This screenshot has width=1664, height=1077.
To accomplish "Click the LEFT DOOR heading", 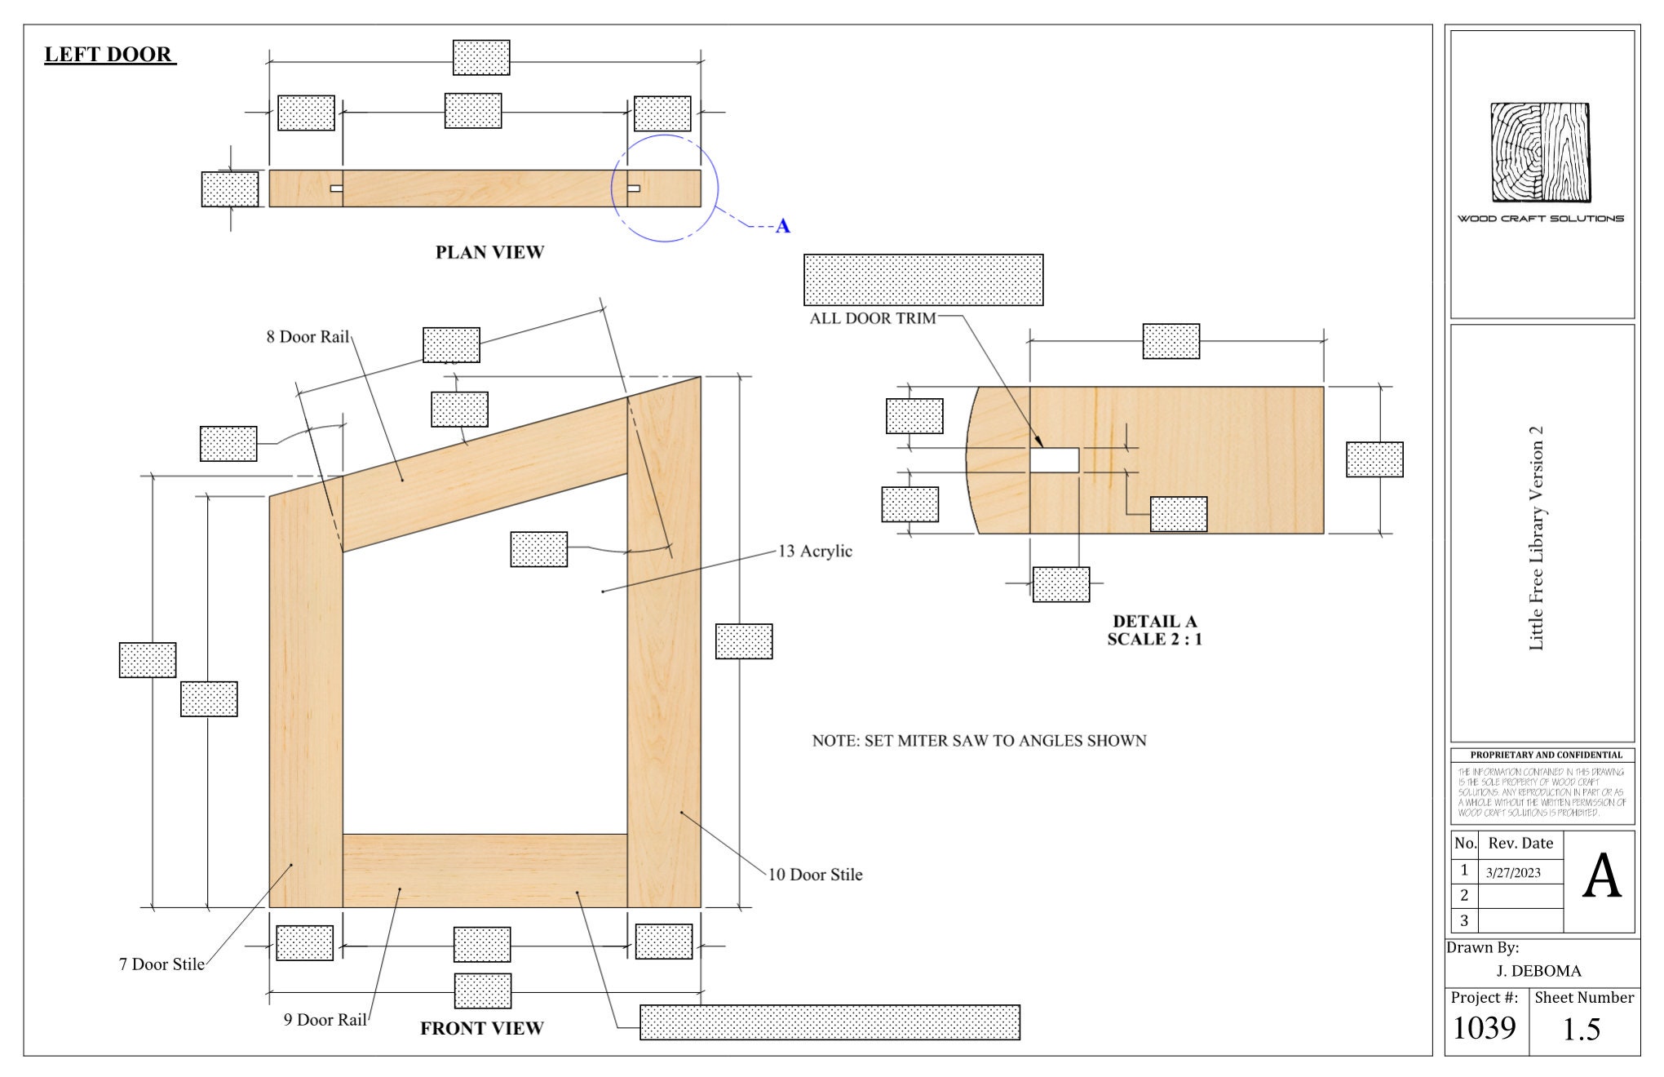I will click(x=108, y=55).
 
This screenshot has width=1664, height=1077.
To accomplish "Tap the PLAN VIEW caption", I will click(x=489, y=252).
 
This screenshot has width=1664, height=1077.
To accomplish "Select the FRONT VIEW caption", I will click(x=481, y=1028).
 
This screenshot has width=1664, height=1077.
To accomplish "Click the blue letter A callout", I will click(x=783, y=226).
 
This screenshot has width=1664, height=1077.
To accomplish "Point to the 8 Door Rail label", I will click(x=308, y=337).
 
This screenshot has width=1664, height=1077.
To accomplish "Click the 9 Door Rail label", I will click(x=325, y=1020).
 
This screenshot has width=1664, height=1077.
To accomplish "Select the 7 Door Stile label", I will click(x=162, y=964).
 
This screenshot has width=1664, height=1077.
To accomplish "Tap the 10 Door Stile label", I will click(x=815, y=875).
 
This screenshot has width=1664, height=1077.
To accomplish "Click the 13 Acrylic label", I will click(x=815, y=552).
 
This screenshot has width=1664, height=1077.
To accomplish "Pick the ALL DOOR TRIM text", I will click(x=872, y=319).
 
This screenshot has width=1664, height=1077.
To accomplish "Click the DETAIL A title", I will click(x=1154, y=622).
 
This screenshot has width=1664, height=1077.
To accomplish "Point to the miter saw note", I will click(x=979, y=741).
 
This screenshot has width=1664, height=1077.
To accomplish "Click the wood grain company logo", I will click(x=1541, y=153).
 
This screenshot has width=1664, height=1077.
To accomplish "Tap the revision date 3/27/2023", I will click(x=1513, y=873).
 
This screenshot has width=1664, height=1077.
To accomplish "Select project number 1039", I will click(x=1484, y=1028).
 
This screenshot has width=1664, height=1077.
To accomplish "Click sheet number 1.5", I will click(x=1581, y=1030).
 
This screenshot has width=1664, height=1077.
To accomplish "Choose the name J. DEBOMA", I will click(x=1538, y=971).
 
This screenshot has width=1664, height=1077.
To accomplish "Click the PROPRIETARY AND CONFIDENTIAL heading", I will click(x=1546, y=755).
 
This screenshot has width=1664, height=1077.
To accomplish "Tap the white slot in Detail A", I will click(x=1054, y=460).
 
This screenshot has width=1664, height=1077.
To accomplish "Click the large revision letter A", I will click(x=1601, y=877).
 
